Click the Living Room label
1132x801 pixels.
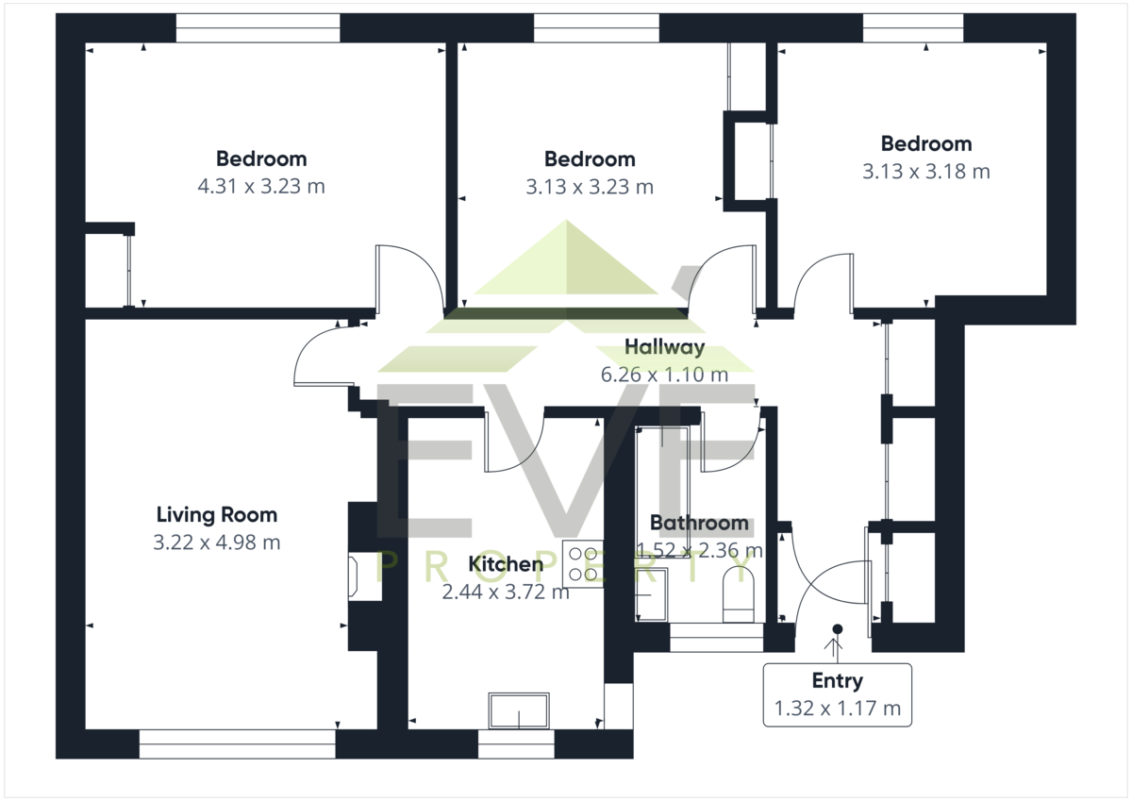[x=217, y=515]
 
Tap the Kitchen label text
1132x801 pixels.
[x=506, y=564]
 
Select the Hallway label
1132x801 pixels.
[x=664, y=347]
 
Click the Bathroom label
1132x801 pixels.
[x=699, y=523]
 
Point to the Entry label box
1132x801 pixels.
[x=838, y=695]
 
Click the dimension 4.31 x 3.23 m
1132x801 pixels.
[x=261, y=187]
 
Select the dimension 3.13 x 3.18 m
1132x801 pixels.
[x=925, y=172]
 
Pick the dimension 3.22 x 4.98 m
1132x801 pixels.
[x=217, y=542]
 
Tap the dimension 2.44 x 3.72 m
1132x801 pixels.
[x=506, y=592]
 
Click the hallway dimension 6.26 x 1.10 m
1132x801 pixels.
[x=664, y=375]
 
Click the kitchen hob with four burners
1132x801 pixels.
[x=583, y=563]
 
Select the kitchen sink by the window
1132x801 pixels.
[x=519, y=710]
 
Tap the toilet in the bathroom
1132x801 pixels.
[x=739, y=594]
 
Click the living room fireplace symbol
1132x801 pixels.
[x=353, y=576]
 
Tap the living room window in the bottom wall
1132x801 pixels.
[x=238, y=743]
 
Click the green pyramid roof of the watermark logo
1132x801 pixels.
[x=566, y=258]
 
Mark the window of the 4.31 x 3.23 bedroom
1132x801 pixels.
[x=258, y=27]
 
